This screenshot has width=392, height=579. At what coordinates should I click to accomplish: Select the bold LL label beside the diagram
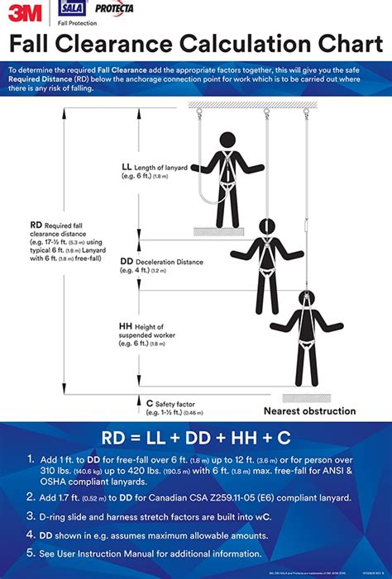(126, 166)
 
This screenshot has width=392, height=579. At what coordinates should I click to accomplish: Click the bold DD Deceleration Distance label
(127, 262)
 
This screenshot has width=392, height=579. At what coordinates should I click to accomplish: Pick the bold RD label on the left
(36, 223)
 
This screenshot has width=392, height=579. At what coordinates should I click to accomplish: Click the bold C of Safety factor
(138, 403)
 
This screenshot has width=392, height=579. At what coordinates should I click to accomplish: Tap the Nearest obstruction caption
(309, 411)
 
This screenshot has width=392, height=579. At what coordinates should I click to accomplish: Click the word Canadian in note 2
(166, 497)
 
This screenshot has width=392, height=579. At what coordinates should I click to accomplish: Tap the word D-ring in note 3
(60, 516)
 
